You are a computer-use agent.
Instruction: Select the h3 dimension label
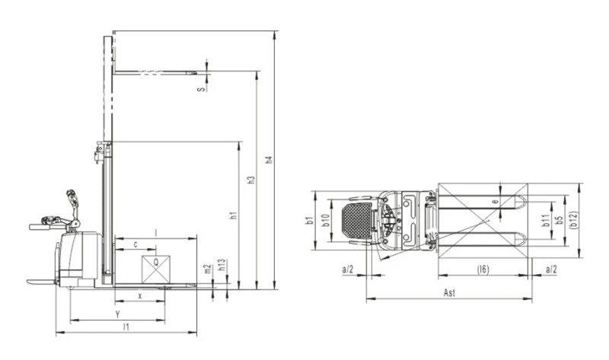(252, 180)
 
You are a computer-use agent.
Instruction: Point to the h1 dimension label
(234, 215)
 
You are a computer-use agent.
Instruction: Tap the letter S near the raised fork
(201, 89)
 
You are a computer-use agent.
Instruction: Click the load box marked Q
(156, 269)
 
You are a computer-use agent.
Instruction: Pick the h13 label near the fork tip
(222, 265)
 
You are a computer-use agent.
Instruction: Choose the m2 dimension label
(207, 269)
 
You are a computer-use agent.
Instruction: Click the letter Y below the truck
(117, 314)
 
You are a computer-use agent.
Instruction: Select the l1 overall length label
(126, 327)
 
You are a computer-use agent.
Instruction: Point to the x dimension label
(140, 296)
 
